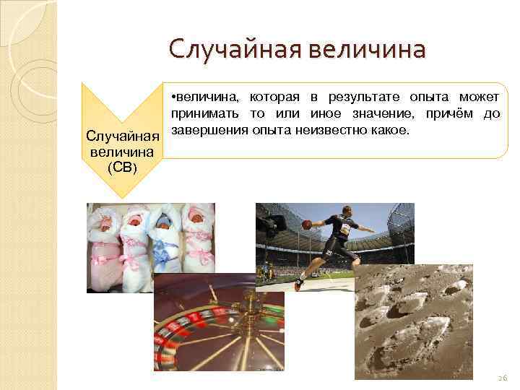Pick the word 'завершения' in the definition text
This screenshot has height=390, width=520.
tap(209, 131)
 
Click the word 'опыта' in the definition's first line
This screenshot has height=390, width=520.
tap(429, 97)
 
